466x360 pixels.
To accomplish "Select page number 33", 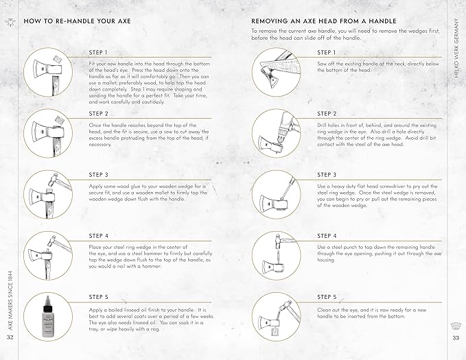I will pyautogui.click(x=455, y=337).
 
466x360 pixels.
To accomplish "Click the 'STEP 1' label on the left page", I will pyautogui.click(x=99, y=52).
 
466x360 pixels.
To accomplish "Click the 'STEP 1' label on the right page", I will pyautogui.click(x=327, y=52).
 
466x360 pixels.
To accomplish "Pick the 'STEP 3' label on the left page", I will pyautogui.click(x=99, y=175).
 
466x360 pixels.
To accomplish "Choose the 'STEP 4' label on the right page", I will pyautogui.click(x=327, y=236).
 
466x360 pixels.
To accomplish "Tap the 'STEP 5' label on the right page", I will pyautogui.click(x=327, y=297).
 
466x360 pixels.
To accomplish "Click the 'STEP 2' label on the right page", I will pyautogui.click(x=327, y=113).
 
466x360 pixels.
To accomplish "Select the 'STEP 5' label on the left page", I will pyautogui.click(x=99, y=297).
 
